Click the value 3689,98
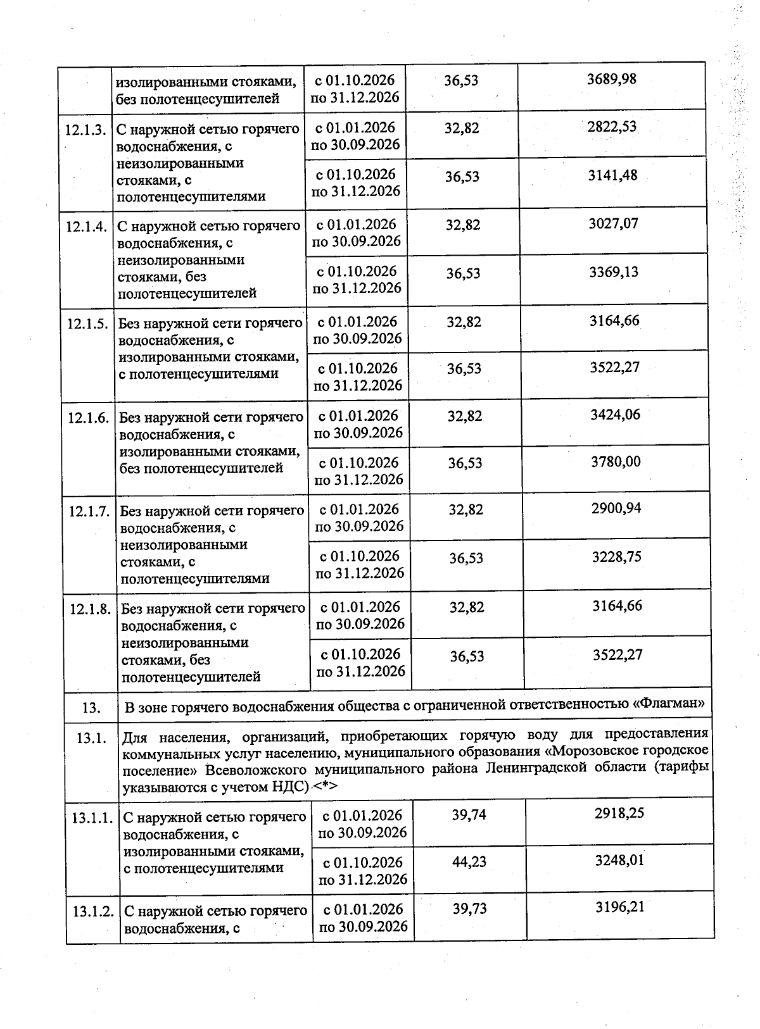pyautogui.click(x=611, y=79)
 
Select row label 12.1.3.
pyautogui.click(x=85, y=130)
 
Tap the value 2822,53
pyautogui.click(x=612, y=127)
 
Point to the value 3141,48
pyautogui.click(x=612, y=175)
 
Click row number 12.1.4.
pyautogui.click(x=86, y=227)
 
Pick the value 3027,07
pyautogui.click(x=613, y=223)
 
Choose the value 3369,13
pyautogui.click(x=614, y=272)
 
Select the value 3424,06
pyautogui.click(x=615, y=415)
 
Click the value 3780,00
pyautogui.click(x=616, y=462)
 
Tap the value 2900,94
pyautogui.click(x=616, y=508)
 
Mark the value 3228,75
pyautogui.click(x=616, y=556)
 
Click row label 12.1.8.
pyautogui.click(x=91, y=609)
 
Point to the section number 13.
pyautogui.click(x=91, y=708)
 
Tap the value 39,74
pyautogui.click(x=469, y=814)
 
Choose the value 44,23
pyautogui.click(x=469, y=861)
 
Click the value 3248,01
pyautogui.click(x=620, y=861)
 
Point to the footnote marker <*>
pyautogui.click(x=324, y=786)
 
